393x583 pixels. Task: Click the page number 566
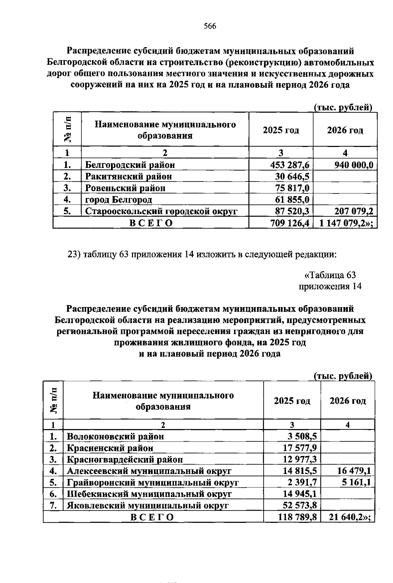tap(210, 26)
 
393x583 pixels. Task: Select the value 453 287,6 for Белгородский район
tap(288, 165)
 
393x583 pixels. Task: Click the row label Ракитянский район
tap(128, 176)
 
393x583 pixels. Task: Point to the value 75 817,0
tap(292, 188)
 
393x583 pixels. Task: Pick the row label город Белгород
tap(119, 199)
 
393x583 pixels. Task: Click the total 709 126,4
tap(290, 223)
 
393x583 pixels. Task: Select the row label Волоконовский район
tap(115, 436)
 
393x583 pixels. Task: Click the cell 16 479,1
tap(354, 471)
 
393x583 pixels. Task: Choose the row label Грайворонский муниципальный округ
tap(153, 483)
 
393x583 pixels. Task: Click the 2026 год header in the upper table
tap(345, 130)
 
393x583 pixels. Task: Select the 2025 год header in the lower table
tap(292, 401)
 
